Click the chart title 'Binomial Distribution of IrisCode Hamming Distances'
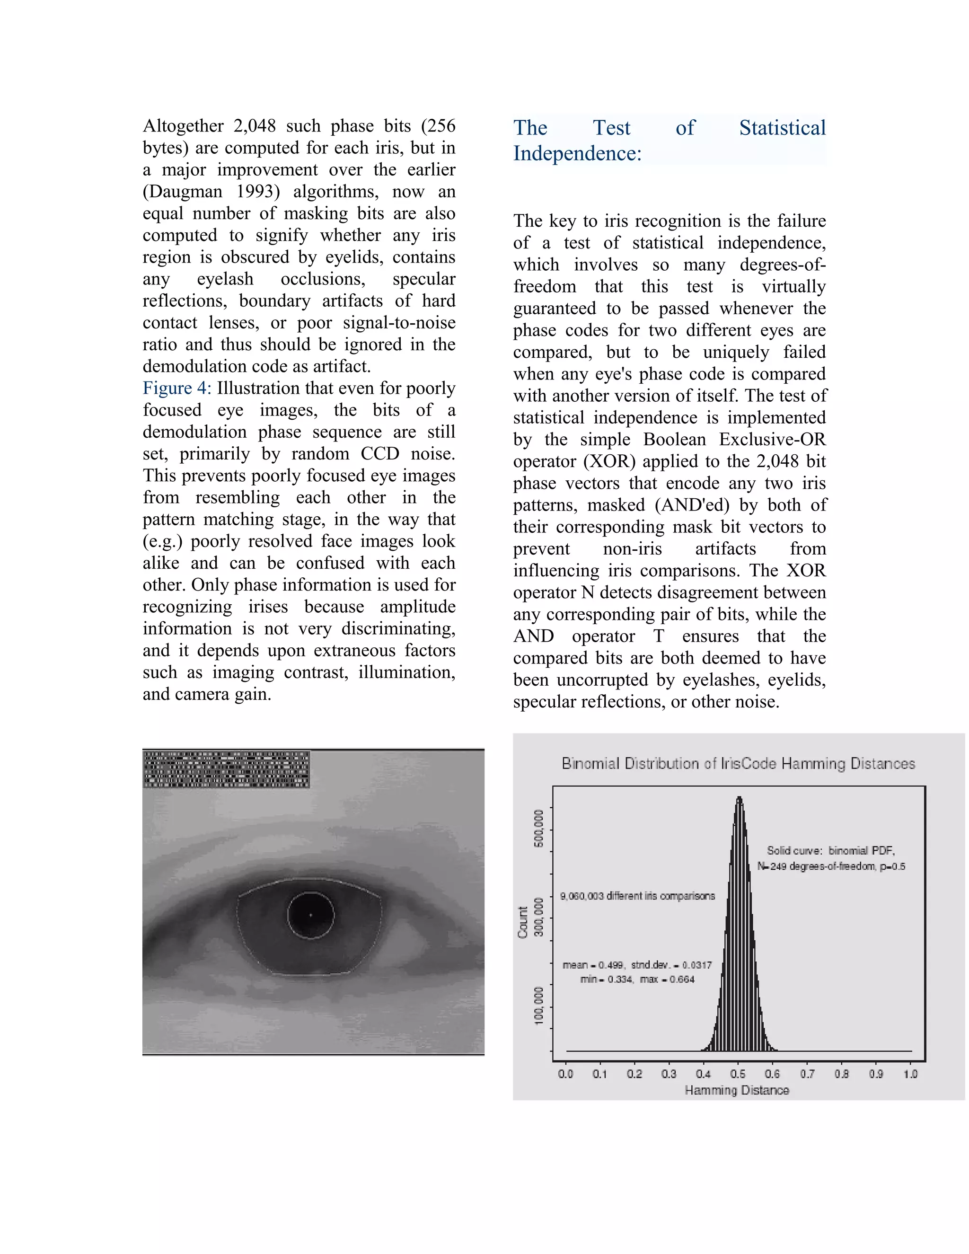738,764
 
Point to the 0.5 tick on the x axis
738,1074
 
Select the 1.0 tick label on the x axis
910,1074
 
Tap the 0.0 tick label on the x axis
565,1074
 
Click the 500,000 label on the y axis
538,828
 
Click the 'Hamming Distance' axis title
737,1090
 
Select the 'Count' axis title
522,923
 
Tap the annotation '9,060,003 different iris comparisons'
637,896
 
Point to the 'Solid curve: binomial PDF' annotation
831,850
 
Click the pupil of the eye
310,915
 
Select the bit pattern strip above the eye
226,769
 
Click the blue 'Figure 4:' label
177,388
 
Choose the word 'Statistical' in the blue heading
782,127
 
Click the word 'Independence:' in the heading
577,153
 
